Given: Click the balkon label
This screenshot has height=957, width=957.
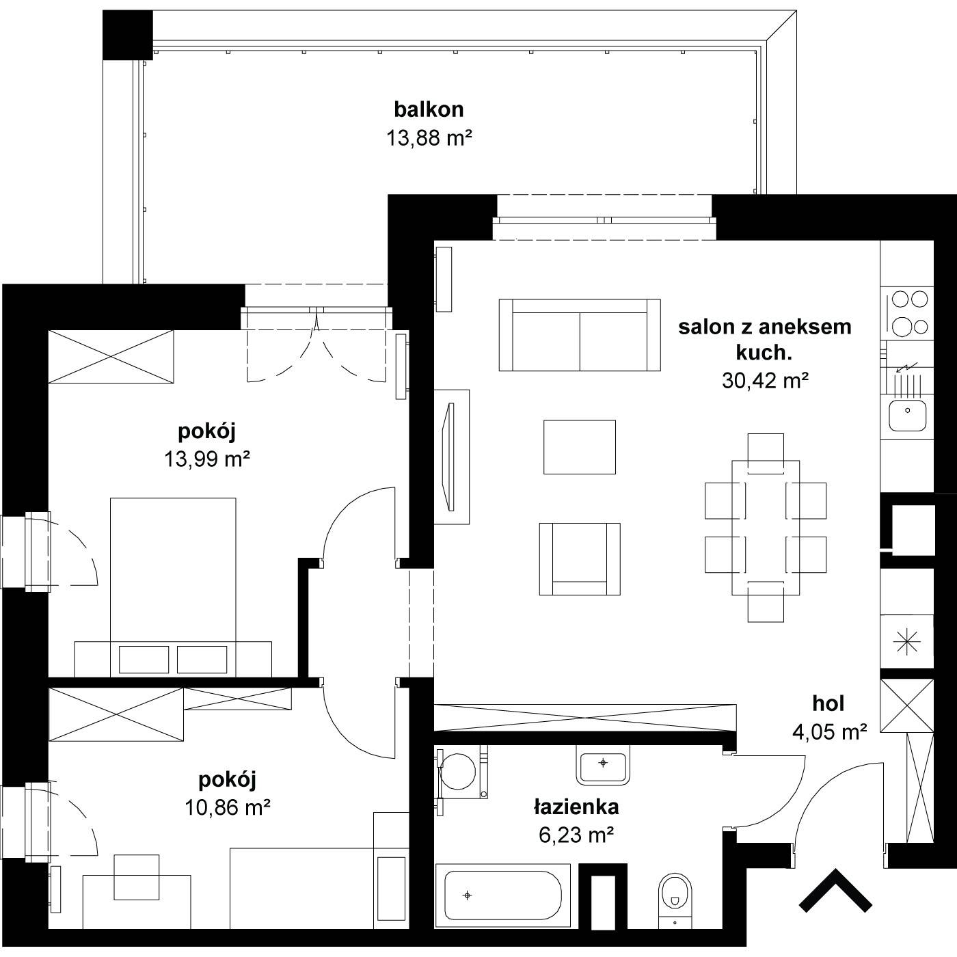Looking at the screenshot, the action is [429, 109].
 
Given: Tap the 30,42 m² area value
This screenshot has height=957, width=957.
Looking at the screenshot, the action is [766, 381].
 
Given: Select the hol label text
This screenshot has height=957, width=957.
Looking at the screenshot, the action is [828, 703].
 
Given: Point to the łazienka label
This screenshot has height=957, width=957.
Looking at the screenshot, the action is [576, 807].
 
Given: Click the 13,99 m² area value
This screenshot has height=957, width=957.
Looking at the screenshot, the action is [206, 459].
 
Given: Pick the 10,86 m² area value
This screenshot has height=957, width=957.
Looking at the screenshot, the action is [228, 807].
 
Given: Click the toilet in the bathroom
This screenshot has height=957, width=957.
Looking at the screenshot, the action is [675, 900].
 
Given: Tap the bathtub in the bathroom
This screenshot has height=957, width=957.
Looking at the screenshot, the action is [502, 895].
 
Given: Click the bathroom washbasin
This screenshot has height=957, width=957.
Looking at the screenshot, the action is [603, 766].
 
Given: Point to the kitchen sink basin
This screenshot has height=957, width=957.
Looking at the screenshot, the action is [907, 415].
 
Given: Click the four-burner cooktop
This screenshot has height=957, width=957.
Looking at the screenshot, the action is [907, 313].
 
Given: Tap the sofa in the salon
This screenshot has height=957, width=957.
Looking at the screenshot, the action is [580, 335].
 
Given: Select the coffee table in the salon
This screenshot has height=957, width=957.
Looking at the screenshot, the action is [580, 447].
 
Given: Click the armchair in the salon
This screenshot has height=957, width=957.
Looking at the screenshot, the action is [580, 558].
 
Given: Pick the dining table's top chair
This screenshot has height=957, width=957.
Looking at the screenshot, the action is [766, 453].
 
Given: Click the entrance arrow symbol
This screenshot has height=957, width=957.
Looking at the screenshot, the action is [835, 888].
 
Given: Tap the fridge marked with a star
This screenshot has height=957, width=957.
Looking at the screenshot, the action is [907, 642].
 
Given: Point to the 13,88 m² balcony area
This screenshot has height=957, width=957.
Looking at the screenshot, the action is [429, 137].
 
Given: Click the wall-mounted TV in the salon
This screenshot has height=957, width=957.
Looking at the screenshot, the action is [449, 457].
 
